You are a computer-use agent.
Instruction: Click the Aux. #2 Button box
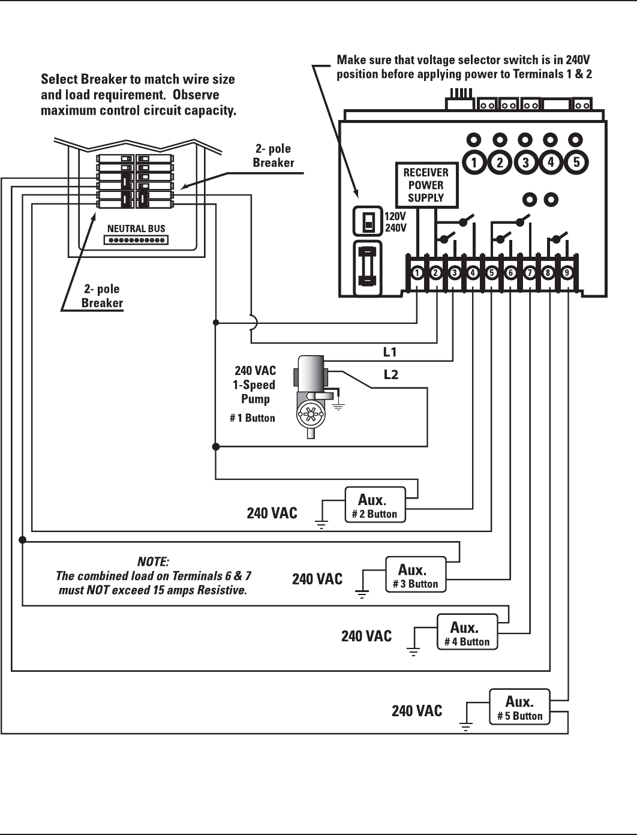point(375,504)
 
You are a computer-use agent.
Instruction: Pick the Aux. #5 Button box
point(519,707)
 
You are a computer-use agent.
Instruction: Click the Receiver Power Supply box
point(426,185)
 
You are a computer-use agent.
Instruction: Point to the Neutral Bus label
point(136,229)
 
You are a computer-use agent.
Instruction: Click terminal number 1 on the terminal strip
point(417,273)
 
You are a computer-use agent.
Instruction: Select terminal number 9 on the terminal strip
point(567,273)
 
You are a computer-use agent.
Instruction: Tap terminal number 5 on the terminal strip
point(492,273)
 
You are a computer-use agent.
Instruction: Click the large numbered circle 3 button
point(525,163)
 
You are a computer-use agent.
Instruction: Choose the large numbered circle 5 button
point(576,162)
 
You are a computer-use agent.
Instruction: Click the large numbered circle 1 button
point(474,163)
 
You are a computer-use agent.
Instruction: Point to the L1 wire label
point(390,352)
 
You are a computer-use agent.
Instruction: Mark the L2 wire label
point(390,375)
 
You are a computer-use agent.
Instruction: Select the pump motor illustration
point(311,397)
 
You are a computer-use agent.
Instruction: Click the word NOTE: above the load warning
point(153,561)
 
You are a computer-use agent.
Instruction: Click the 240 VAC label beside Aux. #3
point(317,579)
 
